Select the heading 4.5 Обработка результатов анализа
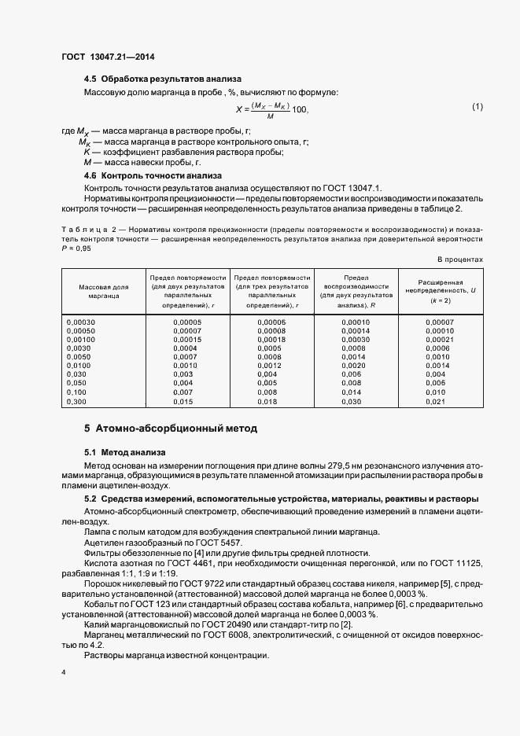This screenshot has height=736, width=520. pos(162,79)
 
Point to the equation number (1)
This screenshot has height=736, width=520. pos(478,106)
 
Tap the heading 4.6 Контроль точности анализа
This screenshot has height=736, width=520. pos(153,175)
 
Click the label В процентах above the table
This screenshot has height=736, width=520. pos(460,259)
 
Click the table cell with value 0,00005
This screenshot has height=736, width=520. pos(186,322)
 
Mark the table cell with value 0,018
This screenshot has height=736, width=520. pos(267,401)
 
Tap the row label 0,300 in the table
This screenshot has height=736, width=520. pos(77,401)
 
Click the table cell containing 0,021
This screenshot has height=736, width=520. pos(436,401)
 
